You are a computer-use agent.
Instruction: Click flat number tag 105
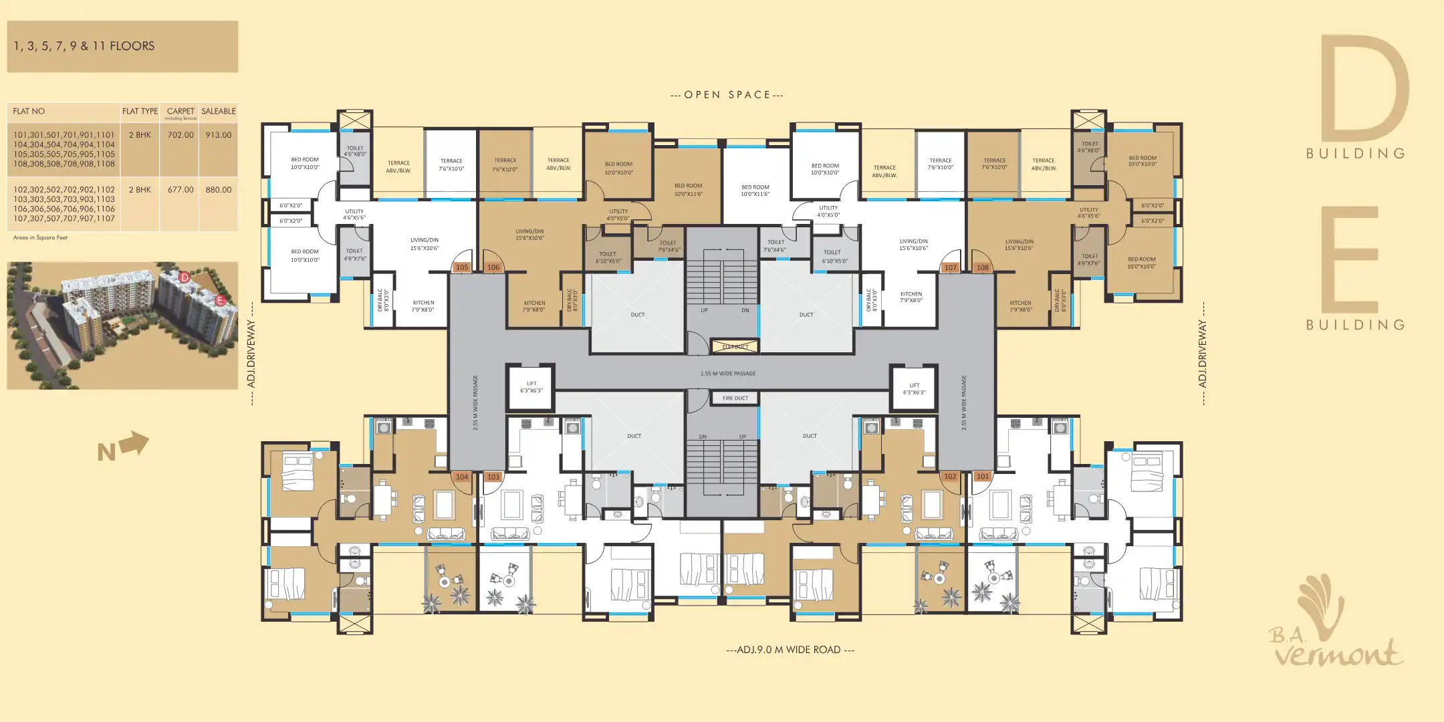pyautogui.click(x=462, y=267)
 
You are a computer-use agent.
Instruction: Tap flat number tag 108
pyautogui.click(x=982, y=267)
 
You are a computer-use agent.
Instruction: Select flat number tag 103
pyautogui.click(x=493, y=477)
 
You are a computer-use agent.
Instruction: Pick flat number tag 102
pyautogui.click(x=950, y=477)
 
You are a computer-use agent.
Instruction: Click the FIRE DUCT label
pyautogui.click(x=735, y=398)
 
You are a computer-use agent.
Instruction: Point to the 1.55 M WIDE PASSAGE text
pyautogui.click(x=728, y=374)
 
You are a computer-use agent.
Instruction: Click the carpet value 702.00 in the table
pyautogui.click(x=180, y=135)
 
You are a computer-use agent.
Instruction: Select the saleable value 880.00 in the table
pyautogui.click(x=219, y=190)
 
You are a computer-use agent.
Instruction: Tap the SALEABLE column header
pyautogui.click(x=219, y=112)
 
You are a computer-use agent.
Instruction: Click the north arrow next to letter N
pyautogui.click(x=136, y=444)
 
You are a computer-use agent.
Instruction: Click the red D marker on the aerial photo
pyautogui.click(x=185, y=277)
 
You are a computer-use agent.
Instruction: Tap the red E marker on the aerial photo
pyautogui.click(x=220, y=301)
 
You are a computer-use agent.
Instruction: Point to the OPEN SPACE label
pyautogui.click(x=727, y=95)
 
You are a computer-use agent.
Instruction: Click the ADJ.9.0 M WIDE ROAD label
pyautogui.click(x=790, y=650)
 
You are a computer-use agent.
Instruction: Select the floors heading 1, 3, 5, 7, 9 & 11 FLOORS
pyautogui.click(x=84, y=46)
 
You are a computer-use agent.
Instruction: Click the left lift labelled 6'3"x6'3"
pyautogui.click(x=531, y=387)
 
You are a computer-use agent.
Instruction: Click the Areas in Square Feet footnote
pyautogui.click(x=40, y=238)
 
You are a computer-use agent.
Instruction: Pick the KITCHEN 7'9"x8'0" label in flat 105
pyautogui.click(x=423, y=306)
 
